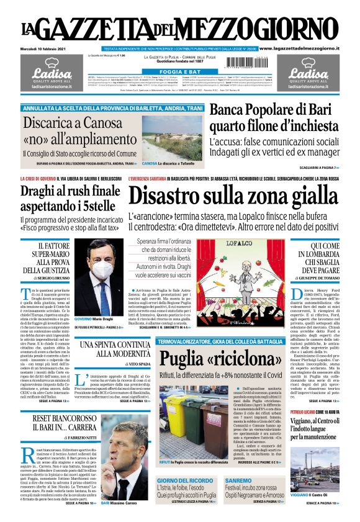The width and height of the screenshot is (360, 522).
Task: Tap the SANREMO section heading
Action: [238, 481]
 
